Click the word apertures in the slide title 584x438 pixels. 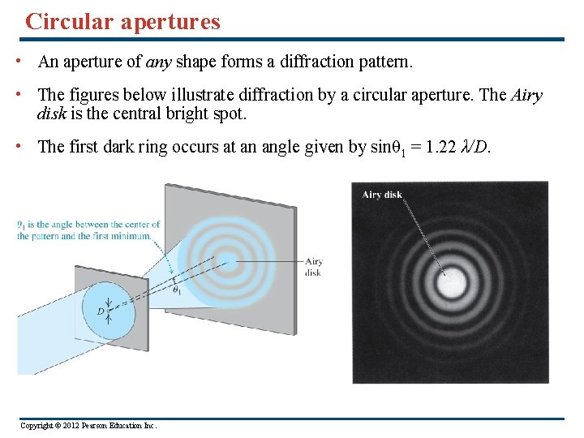coord(170,22)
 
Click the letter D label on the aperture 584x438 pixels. coord(101,311)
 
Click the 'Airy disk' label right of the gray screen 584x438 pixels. coord(313,267)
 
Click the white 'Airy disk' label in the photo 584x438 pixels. coord(382,195)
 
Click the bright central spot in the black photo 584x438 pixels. coord(450,285)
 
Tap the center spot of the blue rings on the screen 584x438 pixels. coord(229,261)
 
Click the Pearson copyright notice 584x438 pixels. coord(88,426)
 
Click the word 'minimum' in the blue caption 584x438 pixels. coord(134,236)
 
